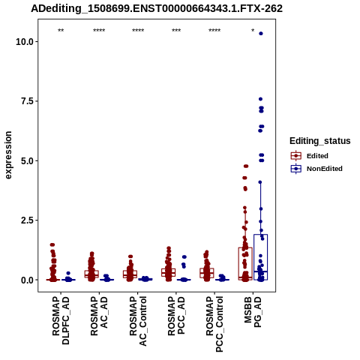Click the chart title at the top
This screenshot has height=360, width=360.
(x=157, y=8)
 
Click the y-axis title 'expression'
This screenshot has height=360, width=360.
(x=8, y=155)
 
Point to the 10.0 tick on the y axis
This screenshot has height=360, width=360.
(x=25, y=41)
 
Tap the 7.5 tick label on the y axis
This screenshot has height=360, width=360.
(x=28, y=101)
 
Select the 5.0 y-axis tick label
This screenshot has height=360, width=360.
(x=28, y=160)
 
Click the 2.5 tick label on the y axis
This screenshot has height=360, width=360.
(x=28, y=220)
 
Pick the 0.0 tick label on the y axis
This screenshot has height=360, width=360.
(x=28, y=280)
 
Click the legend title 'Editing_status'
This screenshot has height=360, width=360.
(x=320, y=141)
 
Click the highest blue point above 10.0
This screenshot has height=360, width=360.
(x=261, y=34)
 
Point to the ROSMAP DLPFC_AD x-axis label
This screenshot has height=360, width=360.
(x=61, y=320)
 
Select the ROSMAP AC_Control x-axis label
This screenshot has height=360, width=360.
(x=138, y=321)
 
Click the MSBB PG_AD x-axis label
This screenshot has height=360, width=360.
(x=253, y=312)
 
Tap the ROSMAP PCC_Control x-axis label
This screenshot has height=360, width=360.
(x=214, y=324)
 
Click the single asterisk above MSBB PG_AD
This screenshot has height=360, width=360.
(x=253, y=30)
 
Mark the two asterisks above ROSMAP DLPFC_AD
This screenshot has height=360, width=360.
(x=61, y=30)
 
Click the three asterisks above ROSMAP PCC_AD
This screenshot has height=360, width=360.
(x=176, y=30)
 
